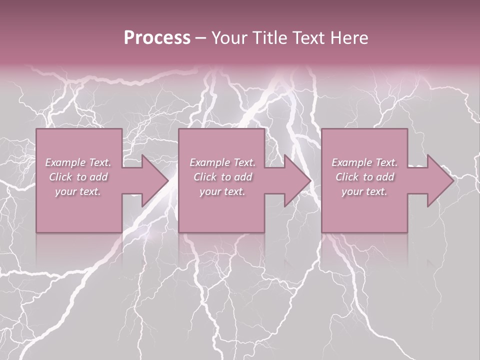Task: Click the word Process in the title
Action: click(157, 38)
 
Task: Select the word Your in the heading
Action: click(230, 38)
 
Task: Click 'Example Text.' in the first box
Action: click(78, 162)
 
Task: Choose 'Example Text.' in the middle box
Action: click(222, 162)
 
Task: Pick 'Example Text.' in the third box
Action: click(364, 162)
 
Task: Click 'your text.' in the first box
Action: click(78, 191)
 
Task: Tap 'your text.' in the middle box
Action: click(222, 191)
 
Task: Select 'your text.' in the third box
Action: click(364, 191)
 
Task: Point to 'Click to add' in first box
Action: click(78, 177)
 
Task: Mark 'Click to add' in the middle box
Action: click(222, 177)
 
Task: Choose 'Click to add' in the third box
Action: click(364, 177)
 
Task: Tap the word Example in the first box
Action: click(65, 162)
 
